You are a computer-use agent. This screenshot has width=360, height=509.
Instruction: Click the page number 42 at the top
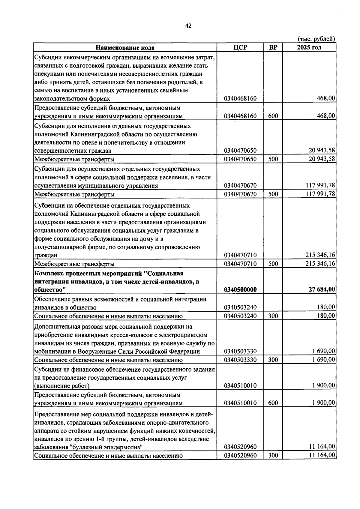[x=188, y=26]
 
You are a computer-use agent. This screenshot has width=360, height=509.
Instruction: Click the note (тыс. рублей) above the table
[x=316, y=39]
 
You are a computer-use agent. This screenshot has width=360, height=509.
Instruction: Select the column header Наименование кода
[x=125, y=48]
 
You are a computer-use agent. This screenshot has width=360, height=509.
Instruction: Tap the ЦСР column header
[x=240, y=47]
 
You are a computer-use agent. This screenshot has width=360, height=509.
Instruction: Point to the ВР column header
[x=273, y=47]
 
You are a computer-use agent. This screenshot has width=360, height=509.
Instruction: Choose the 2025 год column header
[x=309, y=47]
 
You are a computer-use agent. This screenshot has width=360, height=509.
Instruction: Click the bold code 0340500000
[x=240, y=290]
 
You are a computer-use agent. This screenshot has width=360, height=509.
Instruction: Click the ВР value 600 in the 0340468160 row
[x=273, y=116]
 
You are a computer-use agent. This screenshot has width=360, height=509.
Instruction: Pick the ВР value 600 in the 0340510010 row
[x=273, y=403]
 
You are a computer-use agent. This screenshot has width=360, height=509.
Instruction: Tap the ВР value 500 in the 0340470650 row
[x=273, y=159]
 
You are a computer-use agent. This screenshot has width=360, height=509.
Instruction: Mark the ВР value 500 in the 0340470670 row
[x=273, y=194]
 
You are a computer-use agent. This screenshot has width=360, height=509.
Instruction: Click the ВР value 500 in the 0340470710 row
[x=273, y=264]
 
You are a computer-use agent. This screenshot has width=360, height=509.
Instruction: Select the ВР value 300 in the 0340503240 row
[x=273, y=316]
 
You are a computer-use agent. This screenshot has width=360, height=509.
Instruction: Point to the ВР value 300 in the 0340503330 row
[x=273, y=360]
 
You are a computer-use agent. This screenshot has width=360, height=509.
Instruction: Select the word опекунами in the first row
[x=48, y=74]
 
